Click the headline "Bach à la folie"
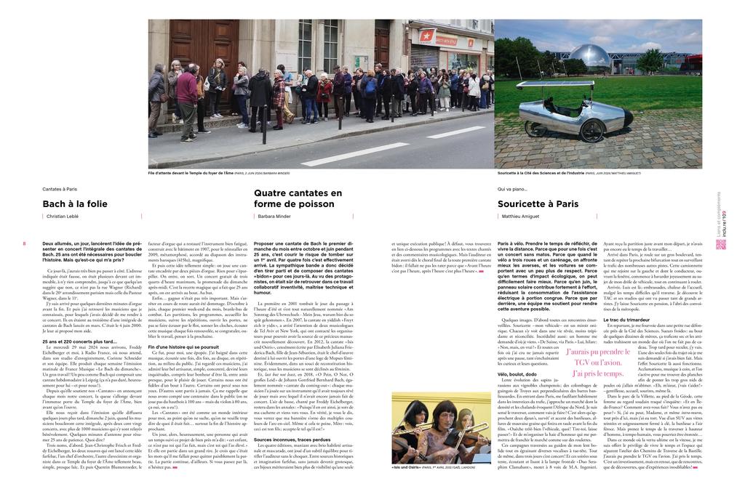[75, 204]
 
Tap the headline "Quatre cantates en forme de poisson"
[298, 198]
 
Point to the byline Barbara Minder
[274, 217]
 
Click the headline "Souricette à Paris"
[538, 204]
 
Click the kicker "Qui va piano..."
[513, 189]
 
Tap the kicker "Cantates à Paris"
[60, 189]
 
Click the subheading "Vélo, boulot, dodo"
[517, 373]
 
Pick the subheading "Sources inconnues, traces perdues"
[292, 440]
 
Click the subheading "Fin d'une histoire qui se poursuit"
[183, 347]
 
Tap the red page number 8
[24, 243]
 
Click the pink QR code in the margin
[720, 244]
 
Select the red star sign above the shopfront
[426, 36]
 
